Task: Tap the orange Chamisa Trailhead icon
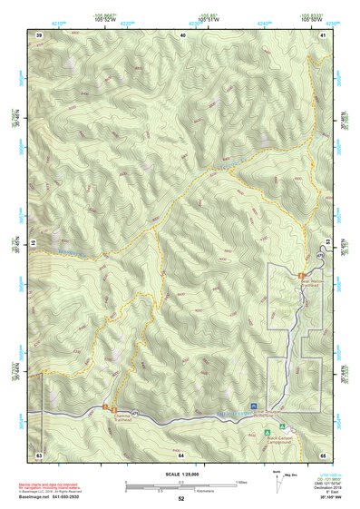[x=107, y=407]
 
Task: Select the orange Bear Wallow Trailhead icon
[x=301, y=274]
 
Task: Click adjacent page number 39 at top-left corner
[x=39, y=34]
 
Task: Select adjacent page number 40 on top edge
[x=182, y=34]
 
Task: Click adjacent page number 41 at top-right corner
[x=323, y=34]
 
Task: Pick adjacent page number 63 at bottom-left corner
[x=39, y=454]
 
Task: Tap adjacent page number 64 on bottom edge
[x=181, y=454]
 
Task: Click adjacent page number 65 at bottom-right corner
[x=323, y=454]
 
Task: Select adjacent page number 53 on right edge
[x=328, y=243]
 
